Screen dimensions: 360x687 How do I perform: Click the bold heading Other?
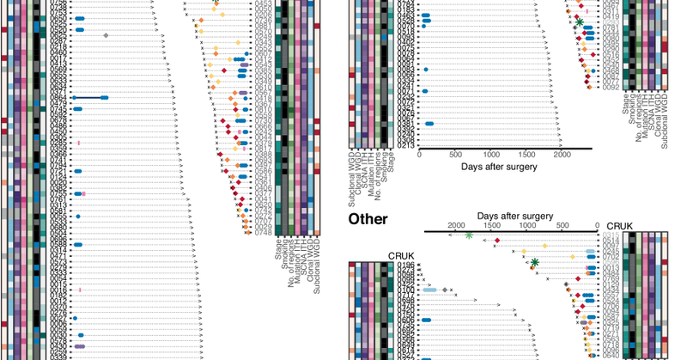click(368, 219)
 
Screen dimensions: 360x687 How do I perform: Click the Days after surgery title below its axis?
click(499, 166)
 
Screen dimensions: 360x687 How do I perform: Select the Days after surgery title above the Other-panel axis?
click(515, 214)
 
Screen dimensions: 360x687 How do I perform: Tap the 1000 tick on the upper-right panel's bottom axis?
click(491, 156)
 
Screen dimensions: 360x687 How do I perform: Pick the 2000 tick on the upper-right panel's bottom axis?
click(562, 156)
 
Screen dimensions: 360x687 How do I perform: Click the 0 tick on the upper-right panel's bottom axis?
click(419, 156)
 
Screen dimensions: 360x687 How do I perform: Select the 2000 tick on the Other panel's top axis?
click(454, 225)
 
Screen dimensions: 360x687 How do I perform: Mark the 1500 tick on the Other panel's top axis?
click(490, 225)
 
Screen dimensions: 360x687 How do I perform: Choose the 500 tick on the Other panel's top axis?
click(562, 225)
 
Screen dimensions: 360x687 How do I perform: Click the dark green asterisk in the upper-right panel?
click(580, 21)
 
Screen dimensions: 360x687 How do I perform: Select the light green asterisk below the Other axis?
click(469, 235)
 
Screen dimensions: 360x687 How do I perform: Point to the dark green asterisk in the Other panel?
click(534, 262)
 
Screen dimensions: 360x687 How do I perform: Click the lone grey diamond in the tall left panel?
click(106, 35)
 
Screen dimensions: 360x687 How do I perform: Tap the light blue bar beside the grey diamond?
click(430, 290)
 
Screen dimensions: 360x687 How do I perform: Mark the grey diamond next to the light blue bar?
click(445, 290)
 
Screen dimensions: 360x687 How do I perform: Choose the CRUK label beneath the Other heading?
click(401, 255)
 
